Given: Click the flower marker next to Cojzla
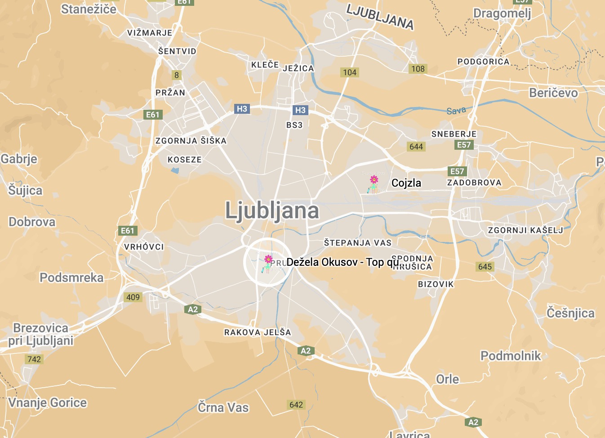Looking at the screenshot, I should click(374, 183).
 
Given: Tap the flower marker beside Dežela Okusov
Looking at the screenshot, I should click(268, 263).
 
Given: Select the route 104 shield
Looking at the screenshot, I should click(350, 72).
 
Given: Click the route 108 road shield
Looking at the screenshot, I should click(418, 69).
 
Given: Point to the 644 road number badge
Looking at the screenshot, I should click(416, 147).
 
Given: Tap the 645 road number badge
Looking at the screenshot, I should click(485, 267).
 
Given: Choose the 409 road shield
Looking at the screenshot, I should click(133, 297).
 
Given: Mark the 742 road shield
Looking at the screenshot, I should click(34, 359).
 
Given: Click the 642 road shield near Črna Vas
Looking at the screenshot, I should click(296, 405).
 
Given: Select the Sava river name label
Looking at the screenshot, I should click(456, 111).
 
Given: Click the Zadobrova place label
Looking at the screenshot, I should click(474, 183).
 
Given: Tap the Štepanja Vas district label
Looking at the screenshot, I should click(358, 243).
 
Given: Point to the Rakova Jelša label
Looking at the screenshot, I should click(258, 332).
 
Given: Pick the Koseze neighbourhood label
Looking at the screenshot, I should click(185, 160).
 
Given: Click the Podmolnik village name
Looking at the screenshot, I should click(511, 356).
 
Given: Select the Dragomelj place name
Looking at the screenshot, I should click(502, 13).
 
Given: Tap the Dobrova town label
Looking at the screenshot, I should click(32, 222).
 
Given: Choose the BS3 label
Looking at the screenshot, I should click(294, 125).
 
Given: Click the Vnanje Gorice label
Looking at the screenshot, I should click(48, 403).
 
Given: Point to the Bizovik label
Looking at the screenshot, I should click(436, 284).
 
